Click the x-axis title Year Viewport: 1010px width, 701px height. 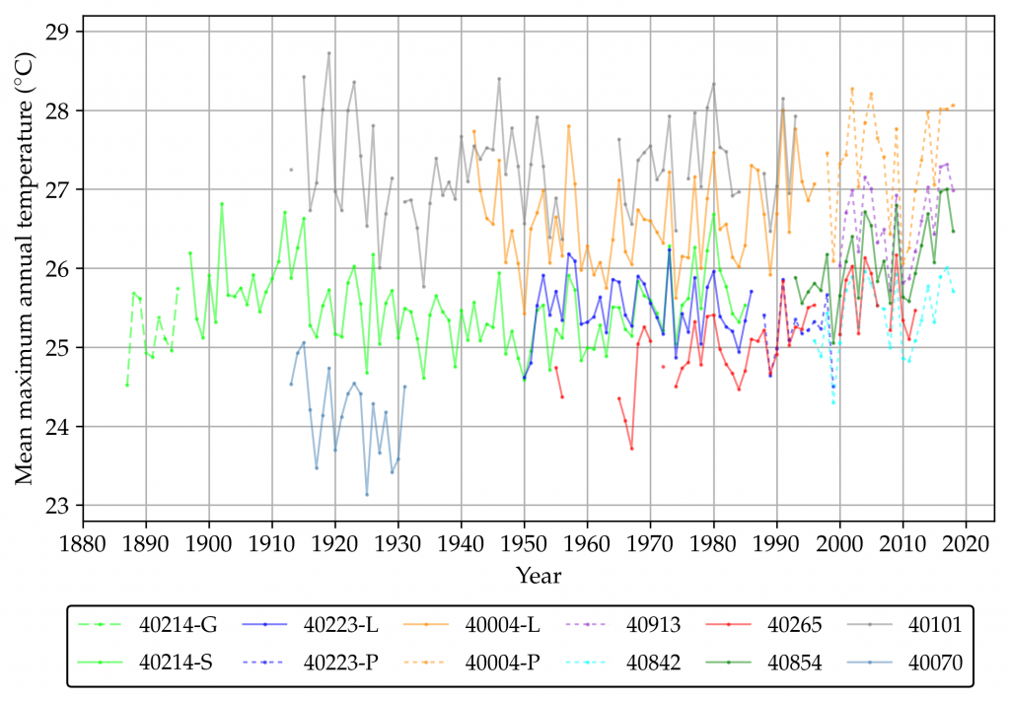point(538,574)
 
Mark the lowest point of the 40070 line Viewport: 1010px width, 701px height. point(367,494)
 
